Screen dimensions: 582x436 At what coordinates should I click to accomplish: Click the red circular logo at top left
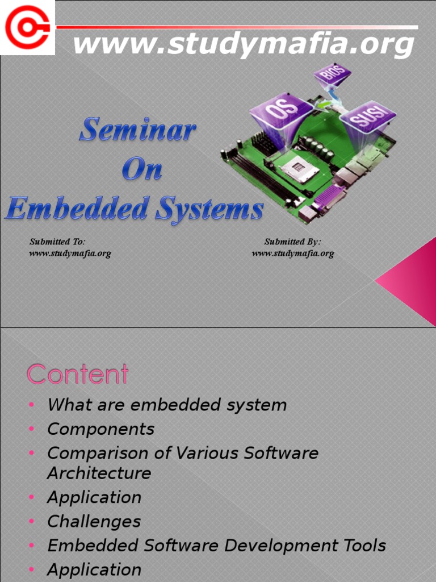[x=27, y=27]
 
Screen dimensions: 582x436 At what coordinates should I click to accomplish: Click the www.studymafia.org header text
[x=244, y=44]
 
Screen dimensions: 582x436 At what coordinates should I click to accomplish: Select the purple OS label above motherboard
[x=281, y=111]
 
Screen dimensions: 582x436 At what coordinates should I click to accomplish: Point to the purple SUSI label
[x=367, y=118]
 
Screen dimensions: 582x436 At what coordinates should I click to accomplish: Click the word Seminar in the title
[x=137, y=131]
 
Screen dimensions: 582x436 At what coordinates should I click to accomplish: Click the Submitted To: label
[x=57, y=242]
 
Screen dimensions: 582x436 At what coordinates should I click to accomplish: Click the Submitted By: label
[x=292, y=242]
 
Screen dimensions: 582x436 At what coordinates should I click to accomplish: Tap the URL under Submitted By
[x=292, y=253]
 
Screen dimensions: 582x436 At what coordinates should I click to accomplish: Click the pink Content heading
[x=78, y=375]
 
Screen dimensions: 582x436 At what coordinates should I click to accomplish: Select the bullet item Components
[x=100, y=429]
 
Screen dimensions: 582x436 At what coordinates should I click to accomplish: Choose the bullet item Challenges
[x=94, y=521]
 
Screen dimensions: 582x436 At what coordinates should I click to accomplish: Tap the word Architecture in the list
[x=99, y=473]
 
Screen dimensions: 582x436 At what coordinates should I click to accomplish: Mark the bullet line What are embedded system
[x=167, y=405]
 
